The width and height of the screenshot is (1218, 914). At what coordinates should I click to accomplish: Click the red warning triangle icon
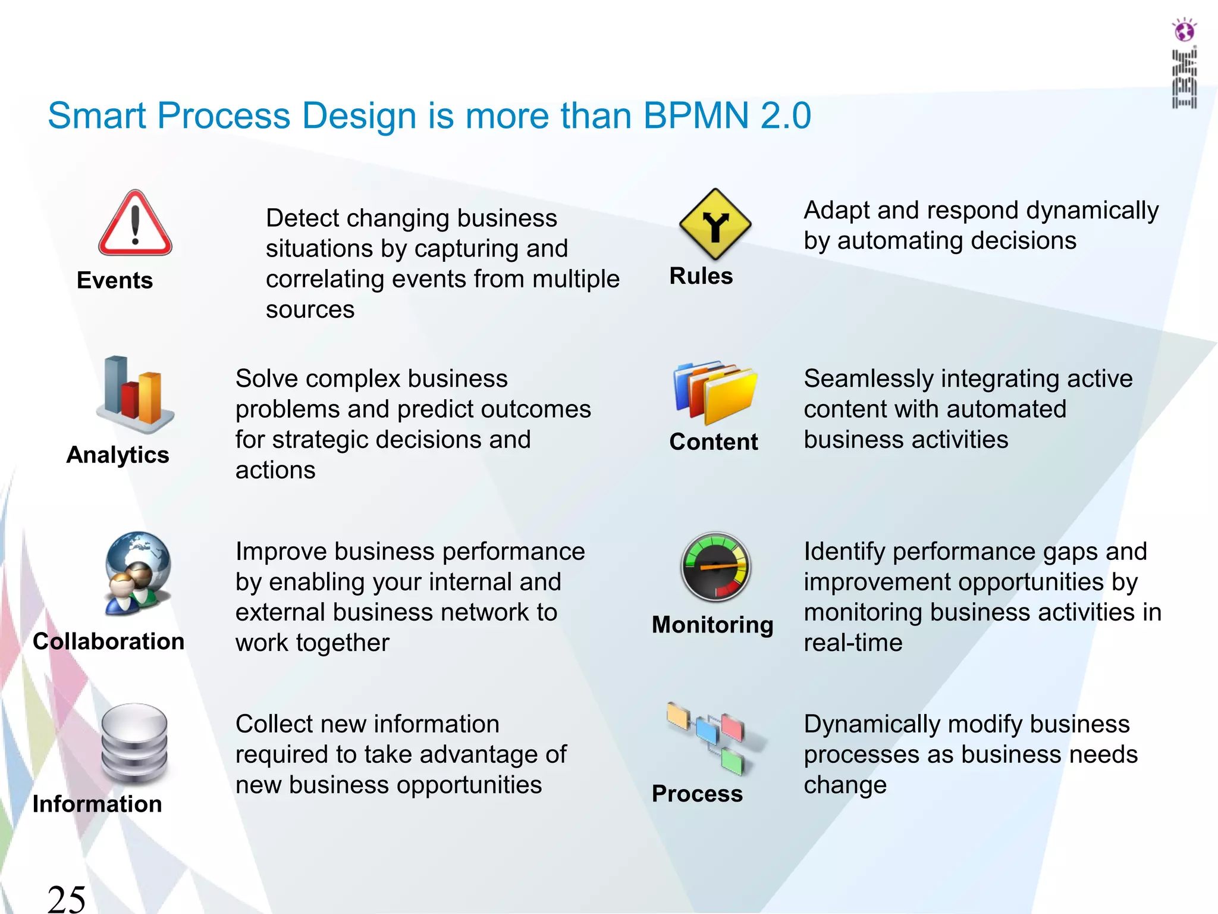pyautogui.click(x=135, y=224)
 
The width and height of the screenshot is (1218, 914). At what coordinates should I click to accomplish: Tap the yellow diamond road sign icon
pyautogui.click(x=715, y=225)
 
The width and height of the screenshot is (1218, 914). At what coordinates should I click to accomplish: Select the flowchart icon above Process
pyautogui.click(x=714, y=738)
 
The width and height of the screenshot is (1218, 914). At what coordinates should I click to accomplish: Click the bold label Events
pyautogui.click(x=115, y=280)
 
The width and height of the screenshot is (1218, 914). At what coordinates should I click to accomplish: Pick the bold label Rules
pyautogui.click(x=701, y=276)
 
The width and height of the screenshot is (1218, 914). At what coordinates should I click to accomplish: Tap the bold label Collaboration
pyautogui.click(x=109, y=641)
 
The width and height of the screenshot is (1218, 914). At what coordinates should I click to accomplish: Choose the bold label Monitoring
pyautogui.click(x=712, y=625)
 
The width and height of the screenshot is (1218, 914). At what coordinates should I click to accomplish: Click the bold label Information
pyautogui.click(x=97, y=804)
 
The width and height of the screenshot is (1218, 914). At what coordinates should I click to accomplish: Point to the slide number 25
pyautogui.click(x=67, y=899)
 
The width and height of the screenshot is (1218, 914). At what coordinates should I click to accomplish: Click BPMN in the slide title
pyautogui.click(x=696, y=115)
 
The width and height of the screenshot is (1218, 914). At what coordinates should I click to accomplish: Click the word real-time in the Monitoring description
pyautogui.click(x=853, y=643)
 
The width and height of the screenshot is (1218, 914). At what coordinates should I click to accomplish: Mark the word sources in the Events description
pyautogui.click(x=310, y=310)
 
